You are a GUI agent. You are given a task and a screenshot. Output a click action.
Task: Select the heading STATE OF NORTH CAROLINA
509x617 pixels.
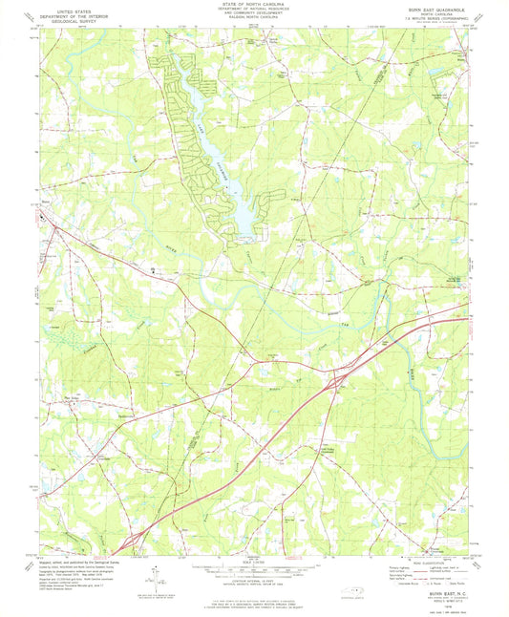(x=253, y=5)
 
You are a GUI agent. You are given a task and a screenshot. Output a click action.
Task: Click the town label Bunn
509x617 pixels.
(x=45, y=202)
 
